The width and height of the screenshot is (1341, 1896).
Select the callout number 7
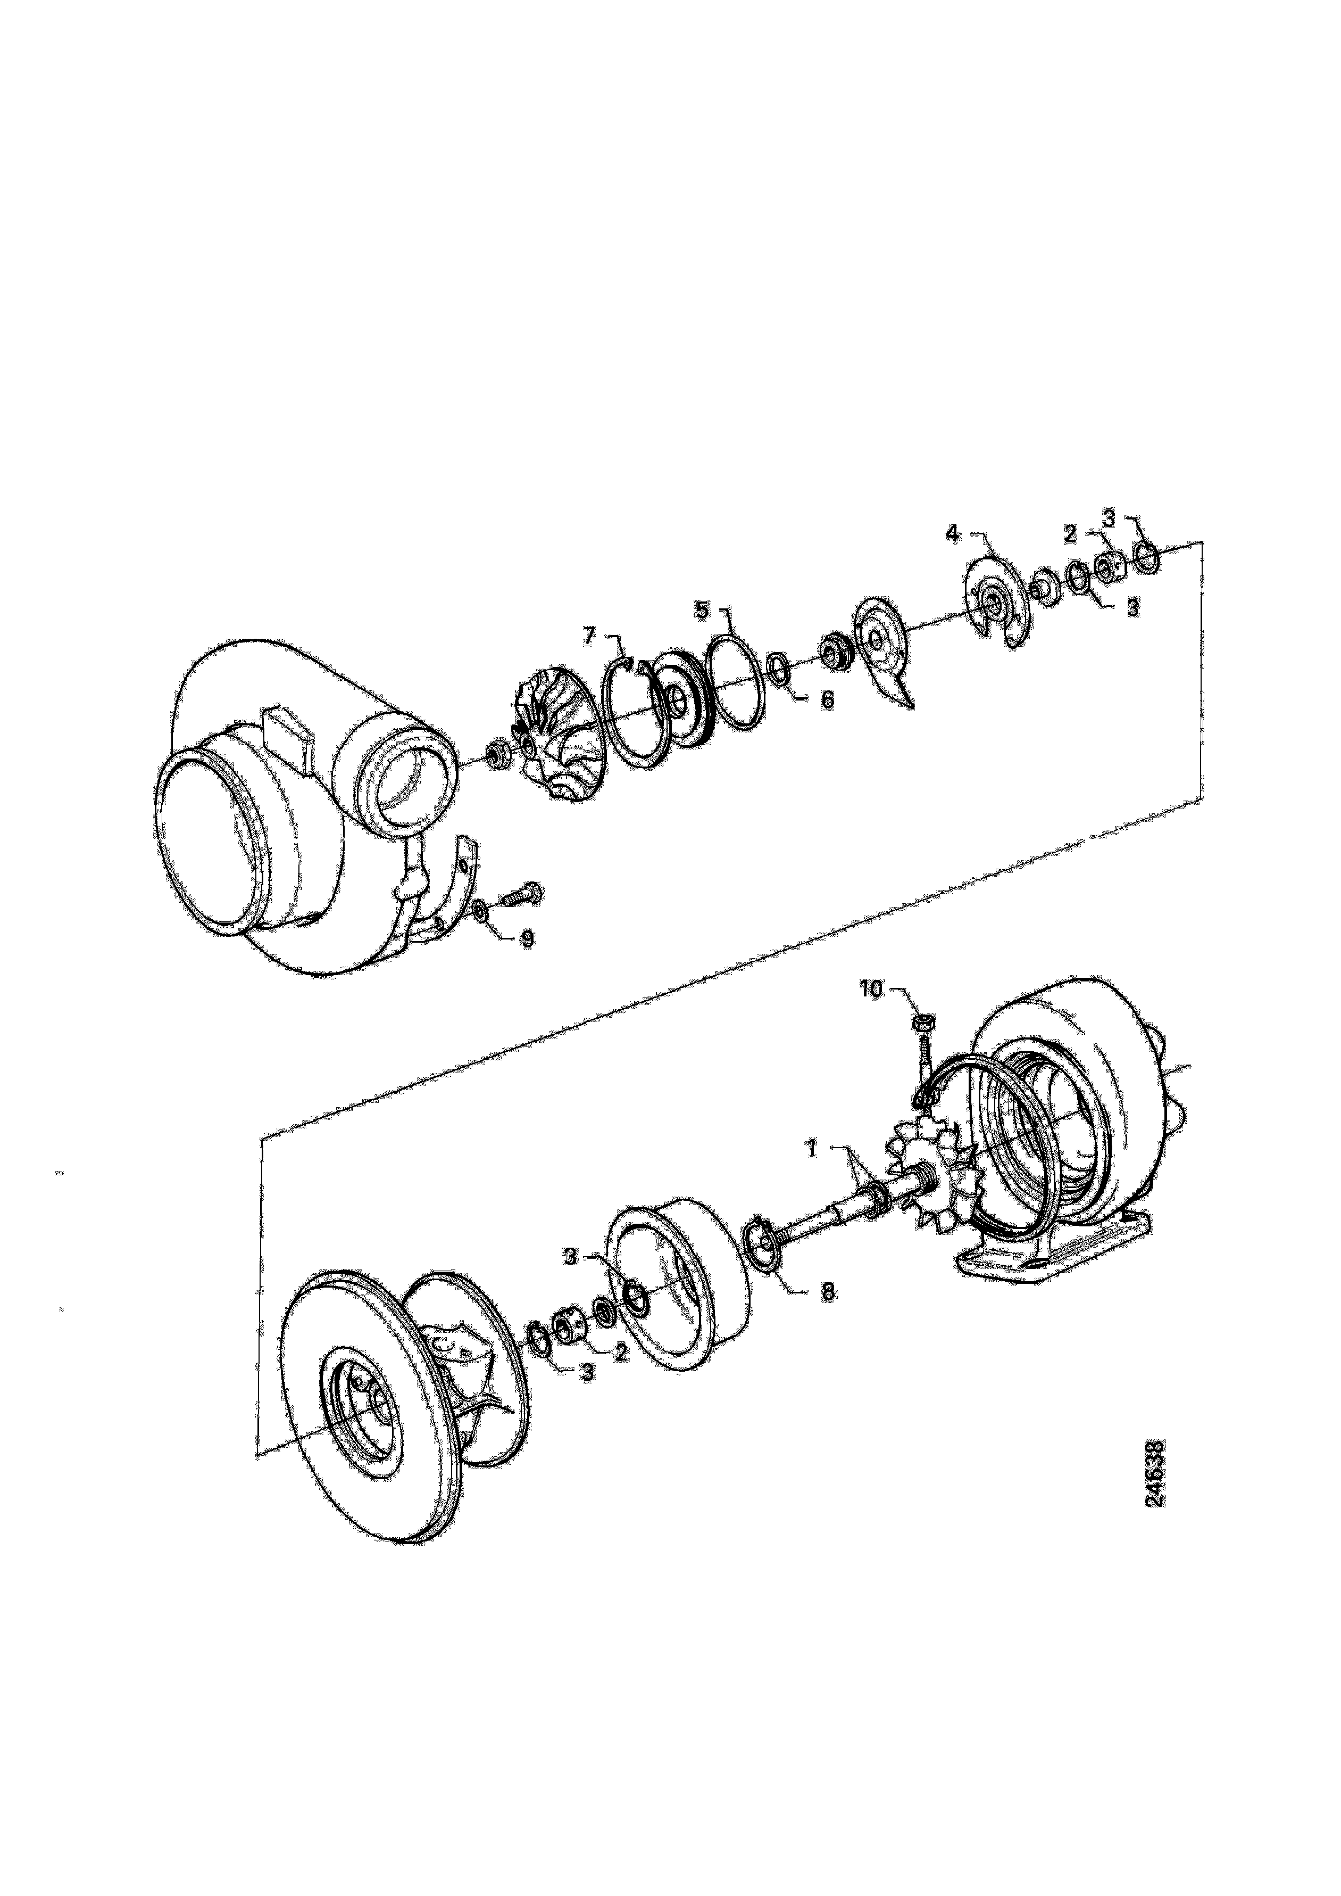pyautogui.click(x=589, y=636)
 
